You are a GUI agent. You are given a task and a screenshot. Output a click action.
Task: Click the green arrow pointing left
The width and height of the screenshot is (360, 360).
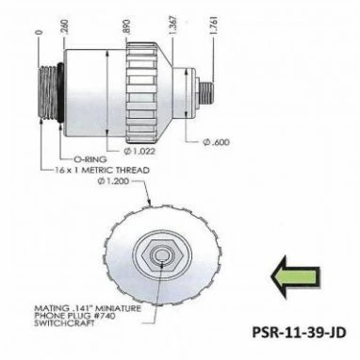click(x=295, y=277)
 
